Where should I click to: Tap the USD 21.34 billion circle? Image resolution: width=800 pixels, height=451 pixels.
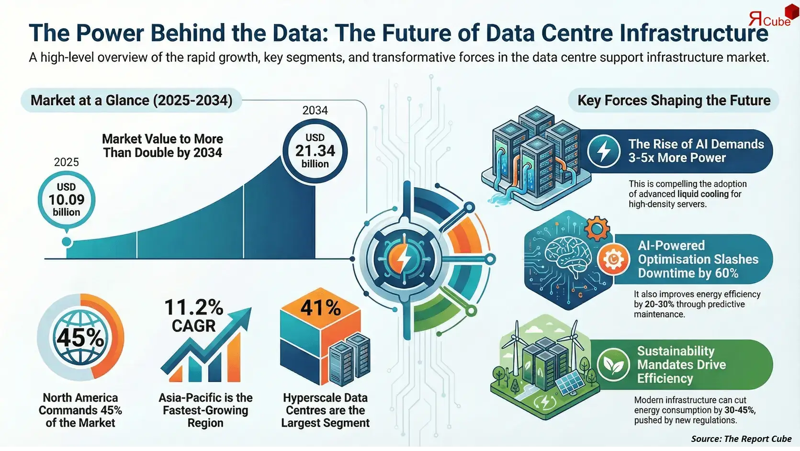click(x=315, y=151)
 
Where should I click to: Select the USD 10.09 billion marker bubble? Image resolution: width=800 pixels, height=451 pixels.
click(x=67, y=200)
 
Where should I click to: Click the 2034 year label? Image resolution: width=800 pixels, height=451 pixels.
click(x=315, y=110)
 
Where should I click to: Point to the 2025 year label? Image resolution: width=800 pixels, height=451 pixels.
click(x=66, y=162)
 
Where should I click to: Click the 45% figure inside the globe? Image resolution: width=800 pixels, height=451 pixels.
click(x=80, y=338)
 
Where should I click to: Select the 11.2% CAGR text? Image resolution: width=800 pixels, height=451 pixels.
click(x=193, y=316)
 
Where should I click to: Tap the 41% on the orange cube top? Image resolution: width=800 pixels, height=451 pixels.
click(x=320, y=308)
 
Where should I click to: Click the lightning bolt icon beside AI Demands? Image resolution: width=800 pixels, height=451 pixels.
click(x=604, y=151)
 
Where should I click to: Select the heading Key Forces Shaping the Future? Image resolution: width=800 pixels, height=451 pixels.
click(x=674, y=101)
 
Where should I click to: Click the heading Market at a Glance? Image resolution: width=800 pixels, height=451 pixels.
click(x=131, y=101)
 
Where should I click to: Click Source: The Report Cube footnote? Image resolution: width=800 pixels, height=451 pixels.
click(x=741, y=439)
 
